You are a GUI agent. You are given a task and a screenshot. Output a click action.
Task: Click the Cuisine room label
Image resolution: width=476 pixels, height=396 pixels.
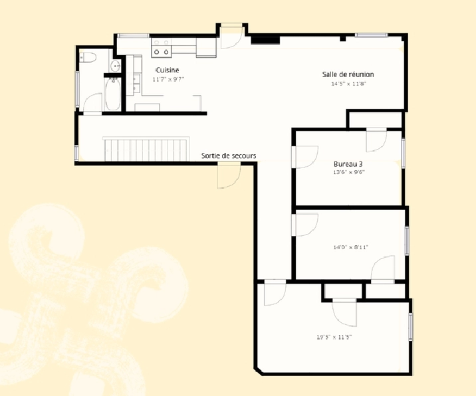tap(168, 70)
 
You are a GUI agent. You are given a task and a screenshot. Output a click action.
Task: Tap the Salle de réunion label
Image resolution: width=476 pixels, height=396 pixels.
tap(348, 74)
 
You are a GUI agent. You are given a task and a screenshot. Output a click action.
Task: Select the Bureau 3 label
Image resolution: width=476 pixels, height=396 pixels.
tap(348, 164)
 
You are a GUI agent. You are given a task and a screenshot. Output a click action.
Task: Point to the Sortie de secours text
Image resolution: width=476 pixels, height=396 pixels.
tap(229, 155)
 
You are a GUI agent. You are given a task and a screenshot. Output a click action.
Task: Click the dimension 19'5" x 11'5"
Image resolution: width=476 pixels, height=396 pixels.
tap(334, 337)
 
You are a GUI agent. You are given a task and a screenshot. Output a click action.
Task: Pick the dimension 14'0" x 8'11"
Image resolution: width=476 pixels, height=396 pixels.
tap(350, 247)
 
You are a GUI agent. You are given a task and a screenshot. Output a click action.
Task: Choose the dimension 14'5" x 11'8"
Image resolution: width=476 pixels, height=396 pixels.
tap(349, 84)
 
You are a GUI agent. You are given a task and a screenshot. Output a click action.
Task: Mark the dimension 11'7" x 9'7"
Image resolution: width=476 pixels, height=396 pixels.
tap(168, 80)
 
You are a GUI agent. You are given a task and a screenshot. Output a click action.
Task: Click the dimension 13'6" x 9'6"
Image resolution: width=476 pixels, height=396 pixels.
tap(348, 172)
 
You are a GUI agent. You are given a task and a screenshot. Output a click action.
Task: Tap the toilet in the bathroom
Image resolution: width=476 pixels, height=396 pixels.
tap(88, 57)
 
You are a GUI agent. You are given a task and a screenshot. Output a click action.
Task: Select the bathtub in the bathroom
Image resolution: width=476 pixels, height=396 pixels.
tap(112, 94)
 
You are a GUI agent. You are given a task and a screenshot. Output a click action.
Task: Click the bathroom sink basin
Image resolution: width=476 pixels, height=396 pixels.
tap(116, 66)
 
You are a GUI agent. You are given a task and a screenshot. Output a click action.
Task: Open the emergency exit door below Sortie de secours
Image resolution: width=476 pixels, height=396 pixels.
tap(229, 175)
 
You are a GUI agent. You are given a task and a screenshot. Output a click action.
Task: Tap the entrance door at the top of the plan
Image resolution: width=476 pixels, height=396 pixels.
tap(231, 36)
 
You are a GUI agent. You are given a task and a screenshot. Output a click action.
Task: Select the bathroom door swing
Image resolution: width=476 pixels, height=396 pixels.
tap(92, 104)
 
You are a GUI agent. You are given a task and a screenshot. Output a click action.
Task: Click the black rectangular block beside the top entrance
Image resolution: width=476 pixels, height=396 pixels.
tap(265, 40)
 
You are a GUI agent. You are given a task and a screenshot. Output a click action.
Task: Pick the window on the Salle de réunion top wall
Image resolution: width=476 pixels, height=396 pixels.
tap(371, 35)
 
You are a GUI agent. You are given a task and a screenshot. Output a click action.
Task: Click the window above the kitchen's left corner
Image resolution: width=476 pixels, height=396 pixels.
tap(134, 35)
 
